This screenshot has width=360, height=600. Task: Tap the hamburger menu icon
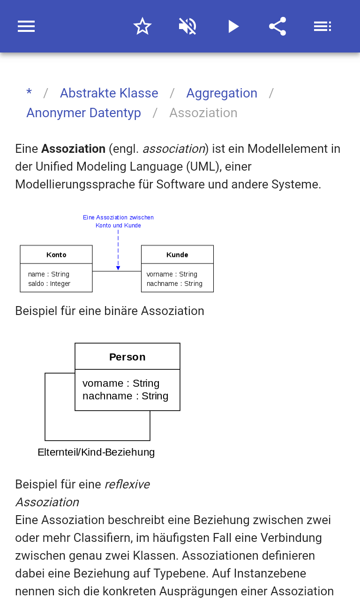click(26, 26)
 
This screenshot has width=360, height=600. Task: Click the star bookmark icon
click(142, 26)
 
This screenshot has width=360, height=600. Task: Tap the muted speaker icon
click(187, 26)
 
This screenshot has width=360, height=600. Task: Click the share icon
click(277, 26)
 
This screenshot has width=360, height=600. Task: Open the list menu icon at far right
click(322, 26)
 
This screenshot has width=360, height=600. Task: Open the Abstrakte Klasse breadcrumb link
click(109, 93)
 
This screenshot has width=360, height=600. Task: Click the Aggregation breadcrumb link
click(222, 93)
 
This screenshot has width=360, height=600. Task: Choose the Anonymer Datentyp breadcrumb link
click(83, 113)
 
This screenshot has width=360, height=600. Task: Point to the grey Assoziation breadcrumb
click(203, 113)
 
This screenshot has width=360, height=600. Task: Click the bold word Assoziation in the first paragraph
click(73, 149)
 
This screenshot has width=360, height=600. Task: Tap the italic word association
click(174, 149)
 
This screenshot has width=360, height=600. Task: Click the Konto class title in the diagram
click(56, 255)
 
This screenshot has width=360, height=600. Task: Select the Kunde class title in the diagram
click(177, 255)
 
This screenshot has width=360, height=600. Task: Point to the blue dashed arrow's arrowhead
click(118, 268)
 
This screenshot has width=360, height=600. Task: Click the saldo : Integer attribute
click(49, 284)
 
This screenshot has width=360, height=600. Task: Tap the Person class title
click(127, 357)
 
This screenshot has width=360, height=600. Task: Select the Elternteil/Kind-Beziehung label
click(96, 452)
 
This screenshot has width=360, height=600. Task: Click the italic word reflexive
click(127, 484)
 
